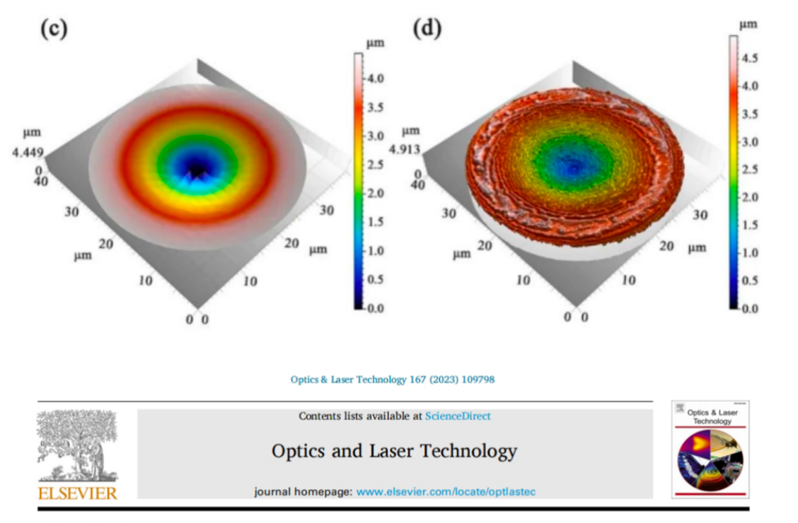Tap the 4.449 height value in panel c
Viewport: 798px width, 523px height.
[25, 151]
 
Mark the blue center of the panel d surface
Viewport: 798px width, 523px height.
[574, 165]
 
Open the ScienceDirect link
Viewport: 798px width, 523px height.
[458, 416]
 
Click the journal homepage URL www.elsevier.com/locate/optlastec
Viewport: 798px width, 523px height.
[450, 491]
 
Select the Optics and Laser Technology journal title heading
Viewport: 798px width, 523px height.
[394, 451]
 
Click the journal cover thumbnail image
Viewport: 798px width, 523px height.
[710, 449]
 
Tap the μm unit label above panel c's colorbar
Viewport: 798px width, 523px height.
[375, 43]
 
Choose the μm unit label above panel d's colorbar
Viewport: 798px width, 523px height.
[748, 24]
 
